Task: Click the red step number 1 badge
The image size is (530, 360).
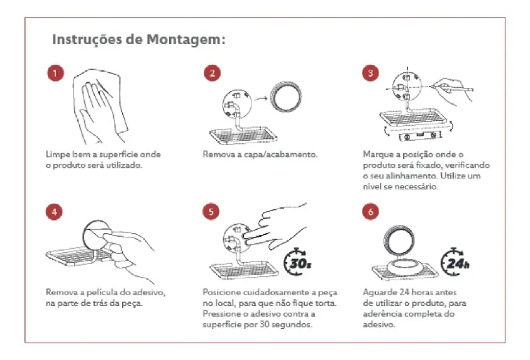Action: [x=55, y=73]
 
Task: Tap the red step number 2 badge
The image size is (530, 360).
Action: [x=213, y=73]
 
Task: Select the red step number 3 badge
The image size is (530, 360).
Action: [x=370, y=73]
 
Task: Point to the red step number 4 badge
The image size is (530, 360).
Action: [x=54, y=212]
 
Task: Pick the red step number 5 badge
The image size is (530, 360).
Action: [x=211, y=212]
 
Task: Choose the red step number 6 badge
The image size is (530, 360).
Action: [x=370, y=212]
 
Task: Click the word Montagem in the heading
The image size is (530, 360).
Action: [x=185, y=40]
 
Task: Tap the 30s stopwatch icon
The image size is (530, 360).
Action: [x=297, y=262]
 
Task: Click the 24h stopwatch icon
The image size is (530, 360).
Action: [x=455, y=262]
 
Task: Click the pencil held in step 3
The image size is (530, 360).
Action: [x=451, y=89]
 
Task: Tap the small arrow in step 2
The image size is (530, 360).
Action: [x=261, y=99]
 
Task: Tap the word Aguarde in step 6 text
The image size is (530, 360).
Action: [x=380, y=292]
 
